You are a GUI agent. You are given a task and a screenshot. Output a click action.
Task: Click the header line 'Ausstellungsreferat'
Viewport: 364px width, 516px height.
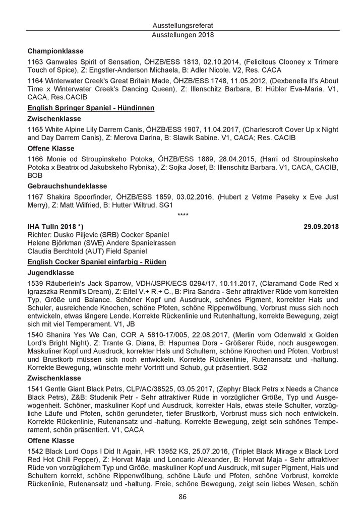182,25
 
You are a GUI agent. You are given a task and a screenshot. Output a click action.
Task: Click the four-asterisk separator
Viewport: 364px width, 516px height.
183,216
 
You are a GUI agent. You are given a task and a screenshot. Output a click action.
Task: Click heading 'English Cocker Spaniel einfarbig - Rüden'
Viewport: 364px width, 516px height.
96,262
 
